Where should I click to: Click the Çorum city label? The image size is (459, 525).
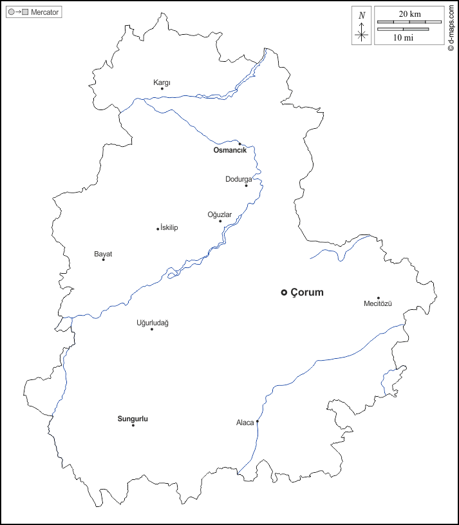pyautogui.click(x=307, y=292)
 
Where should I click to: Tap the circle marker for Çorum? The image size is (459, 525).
pyautogui.click(x=284, y=292)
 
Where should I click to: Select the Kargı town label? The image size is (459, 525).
pyautogui.click(x=162, y=82)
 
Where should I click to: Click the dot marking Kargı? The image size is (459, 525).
pyautogui.click(x=162, y=90)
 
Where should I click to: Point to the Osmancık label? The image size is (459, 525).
pyautogui.click(x=230, y=150)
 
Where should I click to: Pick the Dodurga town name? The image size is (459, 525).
pyautogui.click(x=238, y=179)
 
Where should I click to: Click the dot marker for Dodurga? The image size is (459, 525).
pyautogui.click(x=246, y=186)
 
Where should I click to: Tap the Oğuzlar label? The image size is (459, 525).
pyautogui.click(x=220, y=215)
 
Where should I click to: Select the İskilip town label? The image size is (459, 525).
pyautogui.click(x=169, y=228)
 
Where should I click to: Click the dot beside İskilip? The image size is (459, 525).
pyautogui.click(x=158, y=229)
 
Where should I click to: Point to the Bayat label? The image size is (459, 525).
pyautogui.click(x=103, y=254)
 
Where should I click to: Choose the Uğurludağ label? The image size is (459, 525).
pyautogui.click(x=153, y=323)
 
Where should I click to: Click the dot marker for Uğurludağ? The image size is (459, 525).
pyautogui.click(x=152, y=329)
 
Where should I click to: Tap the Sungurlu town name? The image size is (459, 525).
pyautogui.click(x=133, y=419)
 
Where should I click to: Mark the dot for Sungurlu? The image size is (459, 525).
pyautogui.click(x=133, y=425)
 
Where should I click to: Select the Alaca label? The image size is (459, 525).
pyautogui.click(x=245, y=423)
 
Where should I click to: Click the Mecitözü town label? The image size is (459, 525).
pyautogui.click(x=378, y=303)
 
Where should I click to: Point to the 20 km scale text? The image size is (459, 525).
pyautogui.click(x=409, y=14)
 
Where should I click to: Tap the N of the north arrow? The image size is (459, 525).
pyautogui.click(x=362, y=15)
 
